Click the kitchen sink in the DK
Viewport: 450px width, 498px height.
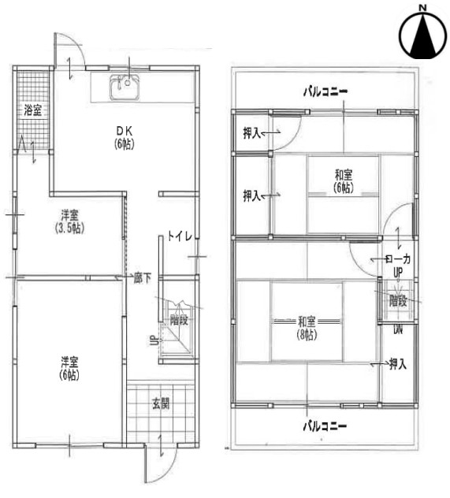click(x=125, y=87)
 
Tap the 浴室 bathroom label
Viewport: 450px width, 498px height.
click(x=33, y=110)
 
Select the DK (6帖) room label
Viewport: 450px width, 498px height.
click(x=125, y=138)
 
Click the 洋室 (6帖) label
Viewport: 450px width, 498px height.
click(x=69, y=369)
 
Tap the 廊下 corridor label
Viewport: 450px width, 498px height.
click(x=142, y=278)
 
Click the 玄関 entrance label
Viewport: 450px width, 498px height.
click(x=161, y=403)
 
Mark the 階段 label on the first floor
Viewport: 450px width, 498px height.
click(x=179, y=320)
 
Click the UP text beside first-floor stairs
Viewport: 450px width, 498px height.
click(x=153, y=340)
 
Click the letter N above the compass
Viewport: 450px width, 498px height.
click(x=422, y=7)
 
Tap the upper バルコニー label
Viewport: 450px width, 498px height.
click(x=325, y=91)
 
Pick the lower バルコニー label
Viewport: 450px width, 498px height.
click(x=325, y=426)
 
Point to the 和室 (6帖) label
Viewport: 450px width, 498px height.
click(x=344, y=181)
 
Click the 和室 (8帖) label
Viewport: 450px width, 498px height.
click(x=307, y=329)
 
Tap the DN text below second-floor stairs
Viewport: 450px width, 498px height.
click(x=398, y=330)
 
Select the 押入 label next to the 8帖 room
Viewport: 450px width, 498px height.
click(x=398, y=364)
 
